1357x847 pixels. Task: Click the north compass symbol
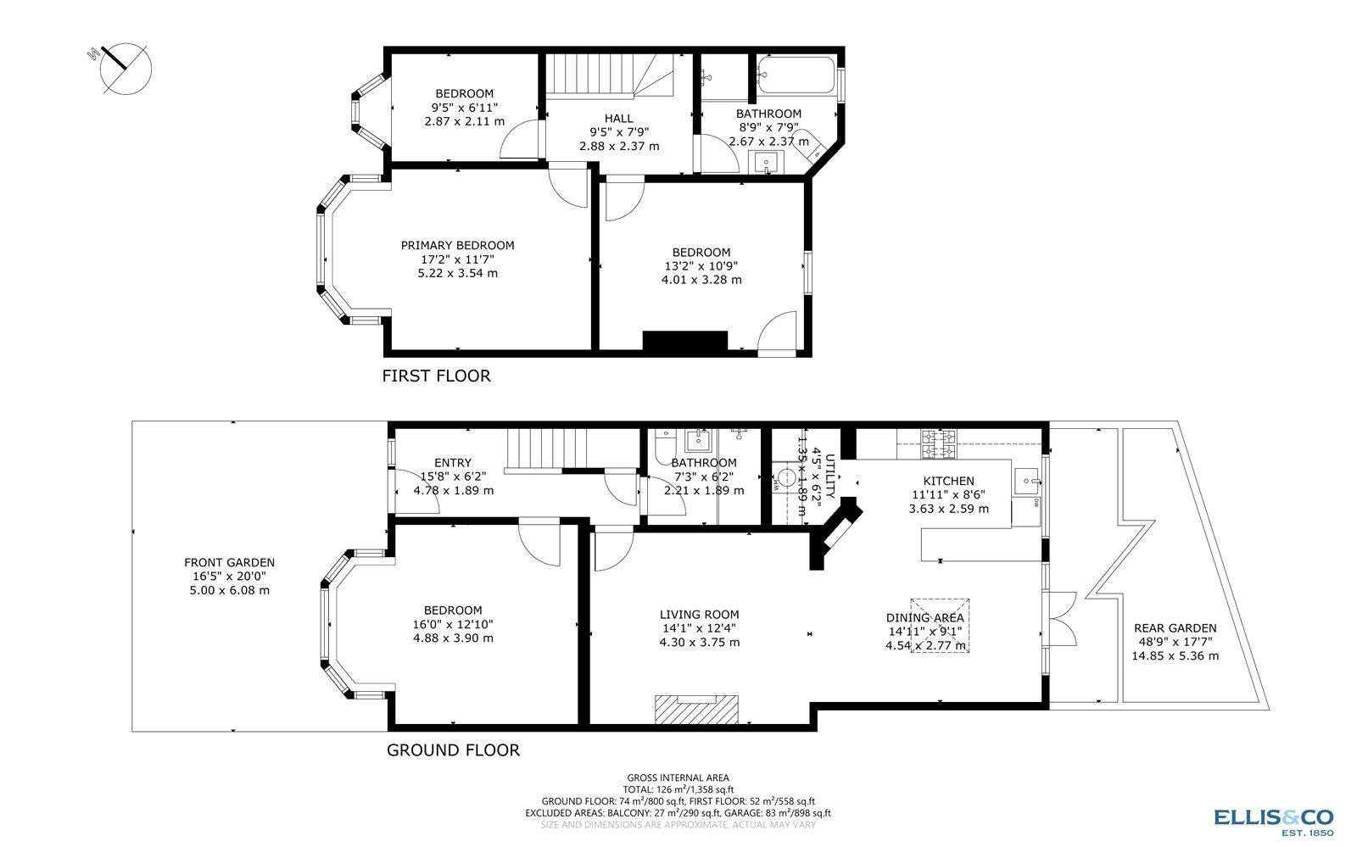click(x=125, y=67)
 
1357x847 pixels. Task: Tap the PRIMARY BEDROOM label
click(x=457, y=246)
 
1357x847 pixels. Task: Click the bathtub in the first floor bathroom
click(x=795, y=75)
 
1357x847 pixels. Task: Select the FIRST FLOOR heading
click(x=436, y=376)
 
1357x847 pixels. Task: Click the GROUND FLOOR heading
click(x=453, y=750)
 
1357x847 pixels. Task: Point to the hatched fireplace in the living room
click(x=696, y=709)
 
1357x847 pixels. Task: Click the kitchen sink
click(x=1027, y=481)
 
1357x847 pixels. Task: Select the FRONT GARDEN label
click(x=229, y=562)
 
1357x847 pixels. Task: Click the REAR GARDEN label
click(x=1175, y=628)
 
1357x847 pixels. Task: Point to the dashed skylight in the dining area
click(x=940, y=626)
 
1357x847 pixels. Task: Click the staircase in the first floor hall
click(x=608, y=75)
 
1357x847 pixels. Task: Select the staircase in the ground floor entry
click(x=533, y=449)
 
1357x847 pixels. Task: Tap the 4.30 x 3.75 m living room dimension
click(x=699, y=643)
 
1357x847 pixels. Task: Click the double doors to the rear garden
click(x=1061, y=621)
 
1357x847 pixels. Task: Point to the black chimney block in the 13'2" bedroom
click(x=684, y=340)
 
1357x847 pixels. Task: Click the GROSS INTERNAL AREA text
click(x=678, y=777)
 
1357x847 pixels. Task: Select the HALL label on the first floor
click(x=618, y=119)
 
